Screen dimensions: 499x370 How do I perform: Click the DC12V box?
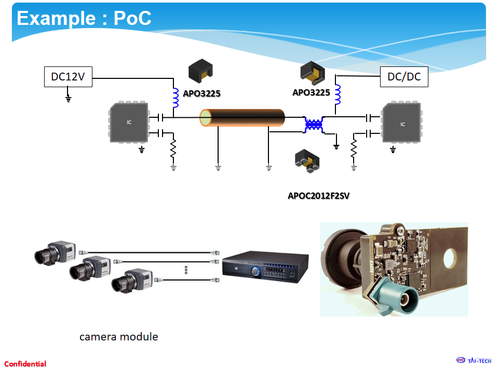68,77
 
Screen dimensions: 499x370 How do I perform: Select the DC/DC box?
404,77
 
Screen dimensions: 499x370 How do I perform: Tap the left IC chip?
129,122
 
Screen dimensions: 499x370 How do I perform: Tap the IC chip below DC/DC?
402,122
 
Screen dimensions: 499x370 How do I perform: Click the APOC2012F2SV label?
318,196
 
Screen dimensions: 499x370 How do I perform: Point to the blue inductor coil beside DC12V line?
176,98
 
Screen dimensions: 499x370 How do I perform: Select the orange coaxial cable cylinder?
242,118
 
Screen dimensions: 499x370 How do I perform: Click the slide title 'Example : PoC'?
84,18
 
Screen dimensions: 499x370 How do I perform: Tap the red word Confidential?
25,364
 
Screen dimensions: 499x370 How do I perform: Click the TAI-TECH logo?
474,361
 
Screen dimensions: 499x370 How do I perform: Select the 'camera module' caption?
119,337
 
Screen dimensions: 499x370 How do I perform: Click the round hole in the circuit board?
450,258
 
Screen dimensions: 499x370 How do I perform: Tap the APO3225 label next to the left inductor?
202,93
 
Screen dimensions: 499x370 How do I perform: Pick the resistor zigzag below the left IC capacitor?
173,148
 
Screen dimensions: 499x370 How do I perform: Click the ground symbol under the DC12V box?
68,98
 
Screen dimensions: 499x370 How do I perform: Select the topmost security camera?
56,252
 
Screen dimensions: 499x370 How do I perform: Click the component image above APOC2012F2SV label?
307,161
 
